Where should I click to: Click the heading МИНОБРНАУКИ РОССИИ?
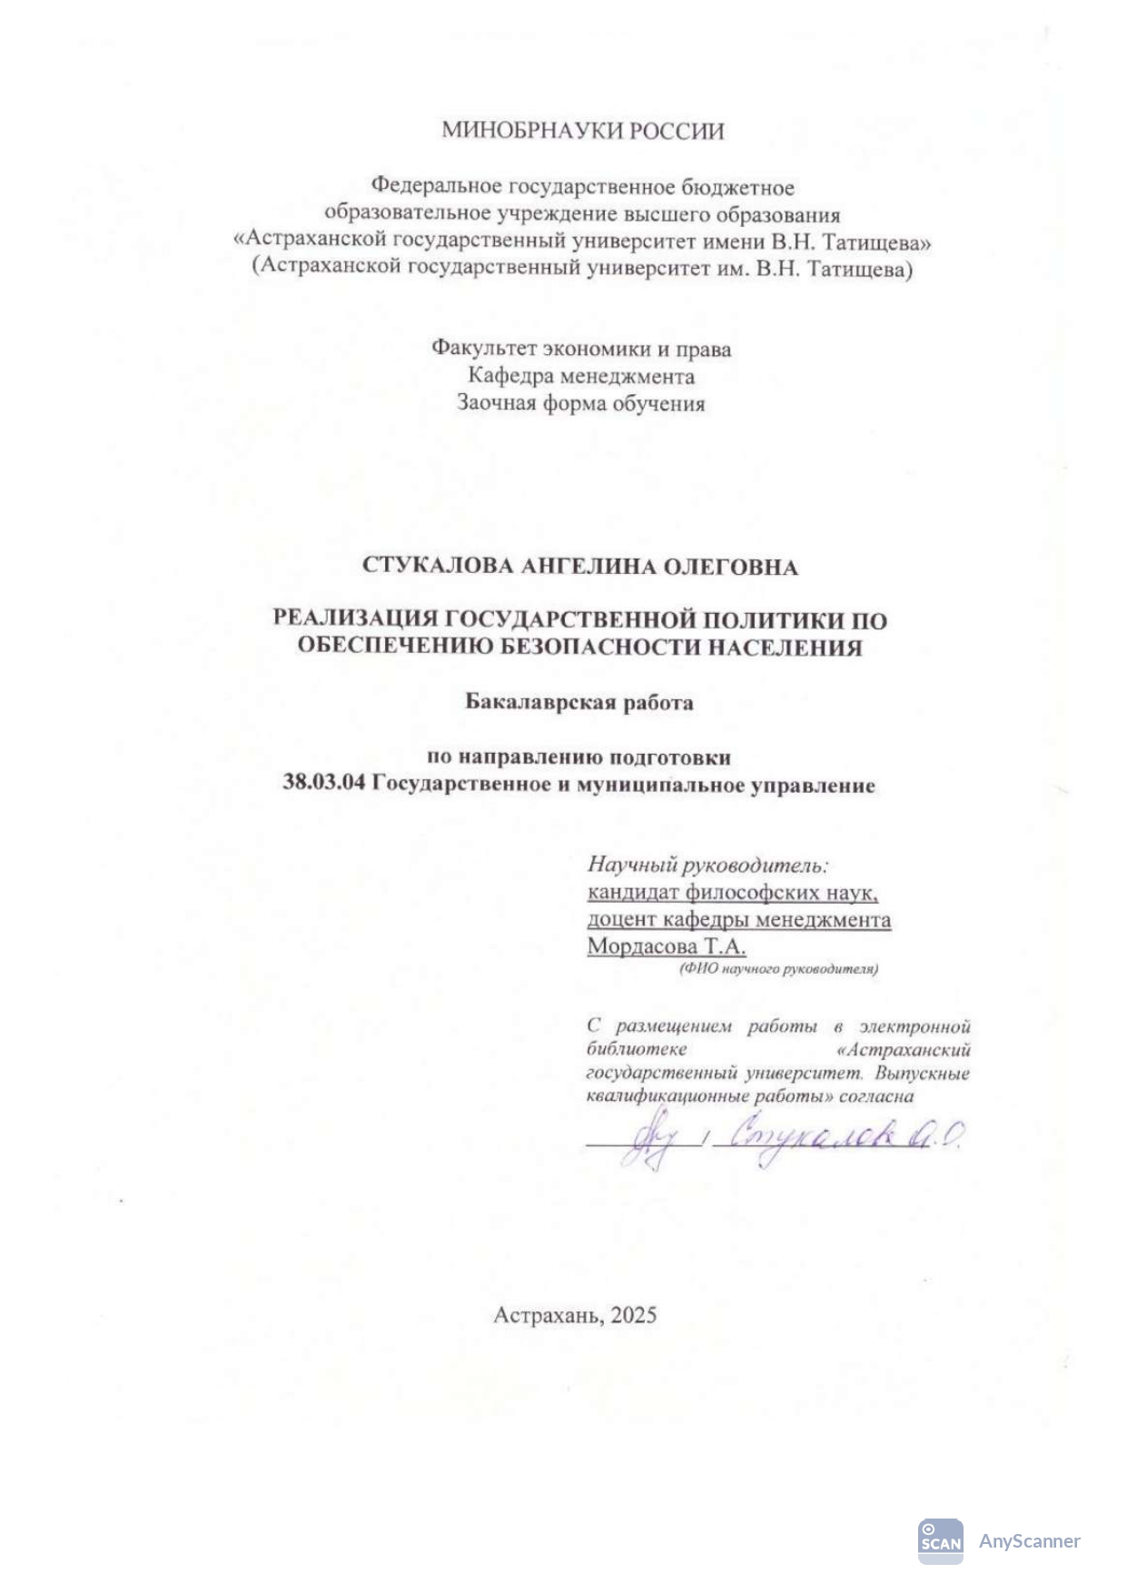click(x=582, y=131)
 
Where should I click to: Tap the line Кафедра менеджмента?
click(x=581, y=376)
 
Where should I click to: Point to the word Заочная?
click(x=496, y=403)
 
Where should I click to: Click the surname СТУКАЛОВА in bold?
click(x=439, y=567)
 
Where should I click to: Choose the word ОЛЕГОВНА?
click(x=730, y=567)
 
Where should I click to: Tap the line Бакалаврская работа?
click(x=579, y=702)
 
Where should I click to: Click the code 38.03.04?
click(x=324, y=784)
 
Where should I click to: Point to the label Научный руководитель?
click(x=708, y=865)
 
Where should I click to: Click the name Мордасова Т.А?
click(x=667, y=946)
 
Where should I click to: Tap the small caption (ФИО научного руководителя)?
click(x=778, y=969)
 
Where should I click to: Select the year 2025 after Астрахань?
click(x=633, y=1314)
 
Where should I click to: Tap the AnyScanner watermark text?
click(x=1029, y=1541)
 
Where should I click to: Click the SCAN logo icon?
click(x=940, y=1541)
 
